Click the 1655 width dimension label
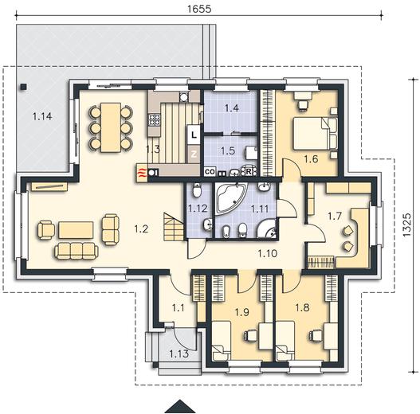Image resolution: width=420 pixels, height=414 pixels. click(x=199, y=9)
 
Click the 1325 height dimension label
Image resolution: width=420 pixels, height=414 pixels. click(x=407, y=225)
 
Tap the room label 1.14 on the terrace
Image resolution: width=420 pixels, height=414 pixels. click(x=42, y=116)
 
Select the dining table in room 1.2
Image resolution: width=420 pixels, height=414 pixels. click(x=111, y=127)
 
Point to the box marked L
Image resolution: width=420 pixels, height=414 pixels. click(x=194, y=135)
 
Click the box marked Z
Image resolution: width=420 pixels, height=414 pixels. click(x=194, y=154)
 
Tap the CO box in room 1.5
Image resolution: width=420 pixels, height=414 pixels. click(x=210, y=171)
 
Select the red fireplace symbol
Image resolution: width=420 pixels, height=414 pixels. click(x=142, y=173)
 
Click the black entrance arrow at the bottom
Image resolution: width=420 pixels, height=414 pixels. click(x=180, y=406)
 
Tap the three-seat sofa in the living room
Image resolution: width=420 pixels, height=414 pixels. click(x=77, y=251)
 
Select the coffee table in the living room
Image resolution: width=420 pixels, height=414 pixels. click(x=76, y=229)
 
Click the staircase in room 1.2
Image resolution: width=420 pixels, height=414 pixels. click(x=174, y=227)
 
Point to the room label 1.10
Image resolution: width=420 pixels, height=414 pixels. click(x=267, y=253)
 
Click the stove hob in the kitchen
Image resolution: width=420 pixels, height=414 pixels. click(x=155, y=119)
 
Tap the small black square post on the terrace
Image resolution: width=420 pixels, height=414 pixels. click(x=24, y=87)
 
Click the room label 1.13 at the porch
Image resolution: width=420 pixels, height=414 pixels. click(x=179, y=353)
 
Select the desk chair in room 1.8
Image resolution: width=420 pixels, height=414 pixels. click(x=313, y=335)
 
